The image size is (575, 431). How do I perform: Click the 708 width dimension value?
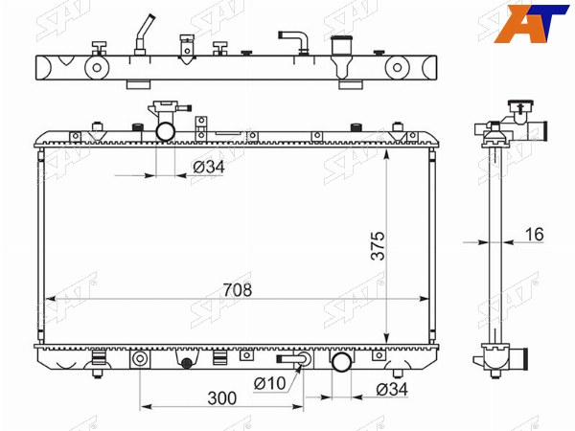coord(238,290)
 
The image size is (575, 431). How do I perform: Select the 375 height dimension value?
coord(379,245)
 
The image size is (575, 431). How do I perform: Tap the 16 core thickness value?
coord(535,235)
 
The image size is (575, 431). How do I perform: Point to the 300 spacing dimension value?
coord(222,398)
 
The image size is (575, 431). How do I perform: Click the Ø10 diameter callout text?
coord(269,383)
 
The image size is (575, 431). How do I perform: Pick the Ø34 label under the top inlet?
coord(209,167)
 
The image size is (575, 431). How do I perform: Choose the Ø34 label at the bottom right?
coord(392,389)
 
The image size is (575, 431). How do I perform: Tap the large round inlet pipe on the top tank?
coord(166,131)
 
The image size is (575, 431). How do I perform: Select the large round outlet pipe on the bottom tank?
coord(341,361)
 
